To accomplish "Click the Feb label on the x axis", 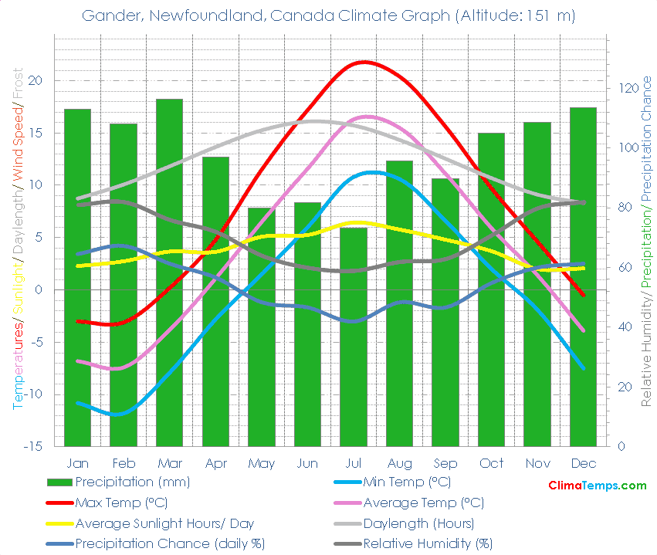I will [124, 463].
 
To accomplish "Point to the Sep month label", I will [445, 463].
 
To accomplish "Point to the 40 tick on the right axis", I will [621, 327].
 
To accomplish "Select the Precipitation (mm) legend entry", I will [132, 482].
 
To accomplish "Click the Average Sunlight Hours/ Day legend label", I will [164, 523].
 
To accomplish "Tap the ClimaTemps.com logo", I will [597, 486].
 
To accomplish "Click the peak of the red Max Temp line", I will [363, 62].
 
